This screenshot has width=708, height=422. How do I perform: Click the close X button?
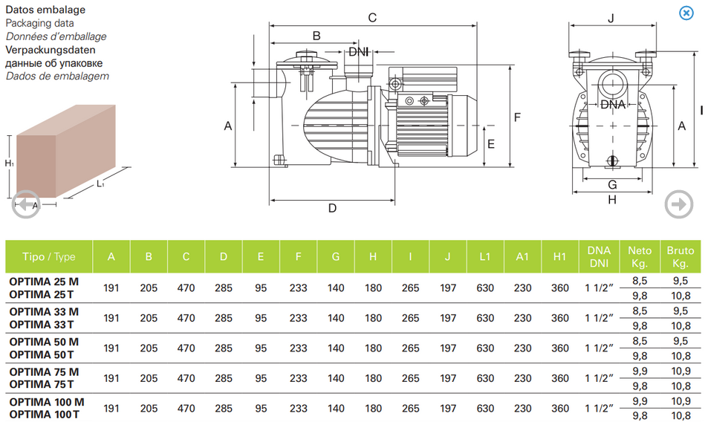(x=686, y=13)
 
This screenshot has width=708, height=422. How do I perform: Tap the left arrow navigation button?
(x=26, y=204)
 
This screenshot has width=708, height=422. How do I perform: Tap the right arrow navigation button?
(x=678, y=204)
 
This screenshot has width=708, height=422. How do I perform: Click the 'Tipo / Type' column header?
(x=49, y=257)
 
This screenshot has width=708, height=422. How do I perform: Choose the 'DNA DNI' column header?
(x=599, y=257)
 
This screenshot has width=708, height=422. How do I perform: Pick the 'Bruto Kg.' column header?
(x=681, y=257)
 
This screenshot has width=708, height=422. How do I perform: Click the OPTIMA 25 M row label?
(x=43, y=282)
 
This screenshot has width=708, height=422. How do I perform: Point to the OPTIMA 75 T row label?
(x=42, y=384)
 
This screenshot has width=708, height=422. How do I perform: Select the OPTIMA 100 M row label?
(x=46, y=402)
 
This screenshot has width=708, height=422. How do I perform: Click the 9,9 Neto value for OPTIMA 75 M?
(x=640, y=371)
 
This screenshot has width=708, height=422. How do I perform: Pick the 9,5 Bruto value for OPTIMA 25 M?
(x=681, y=281)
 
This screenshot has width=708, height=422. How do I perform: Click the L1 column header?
(x=485, y=257)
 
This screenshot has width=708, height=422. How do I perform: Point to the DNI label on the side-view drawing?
(x=359, y=51)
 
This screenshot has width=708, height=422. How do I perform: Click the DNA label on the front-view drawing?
(x=613, y=104)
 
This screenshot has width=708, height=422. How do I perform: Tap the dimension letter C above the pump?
(x=373, y=17)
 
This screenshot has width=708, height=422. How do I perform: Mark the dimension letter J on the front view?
(x=611, y=18)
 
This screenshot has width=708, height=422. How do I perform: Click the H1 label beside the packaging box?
(x=9, y=163)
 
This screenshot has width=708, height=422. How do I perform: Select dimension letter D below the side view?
(x=332, y=208)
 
